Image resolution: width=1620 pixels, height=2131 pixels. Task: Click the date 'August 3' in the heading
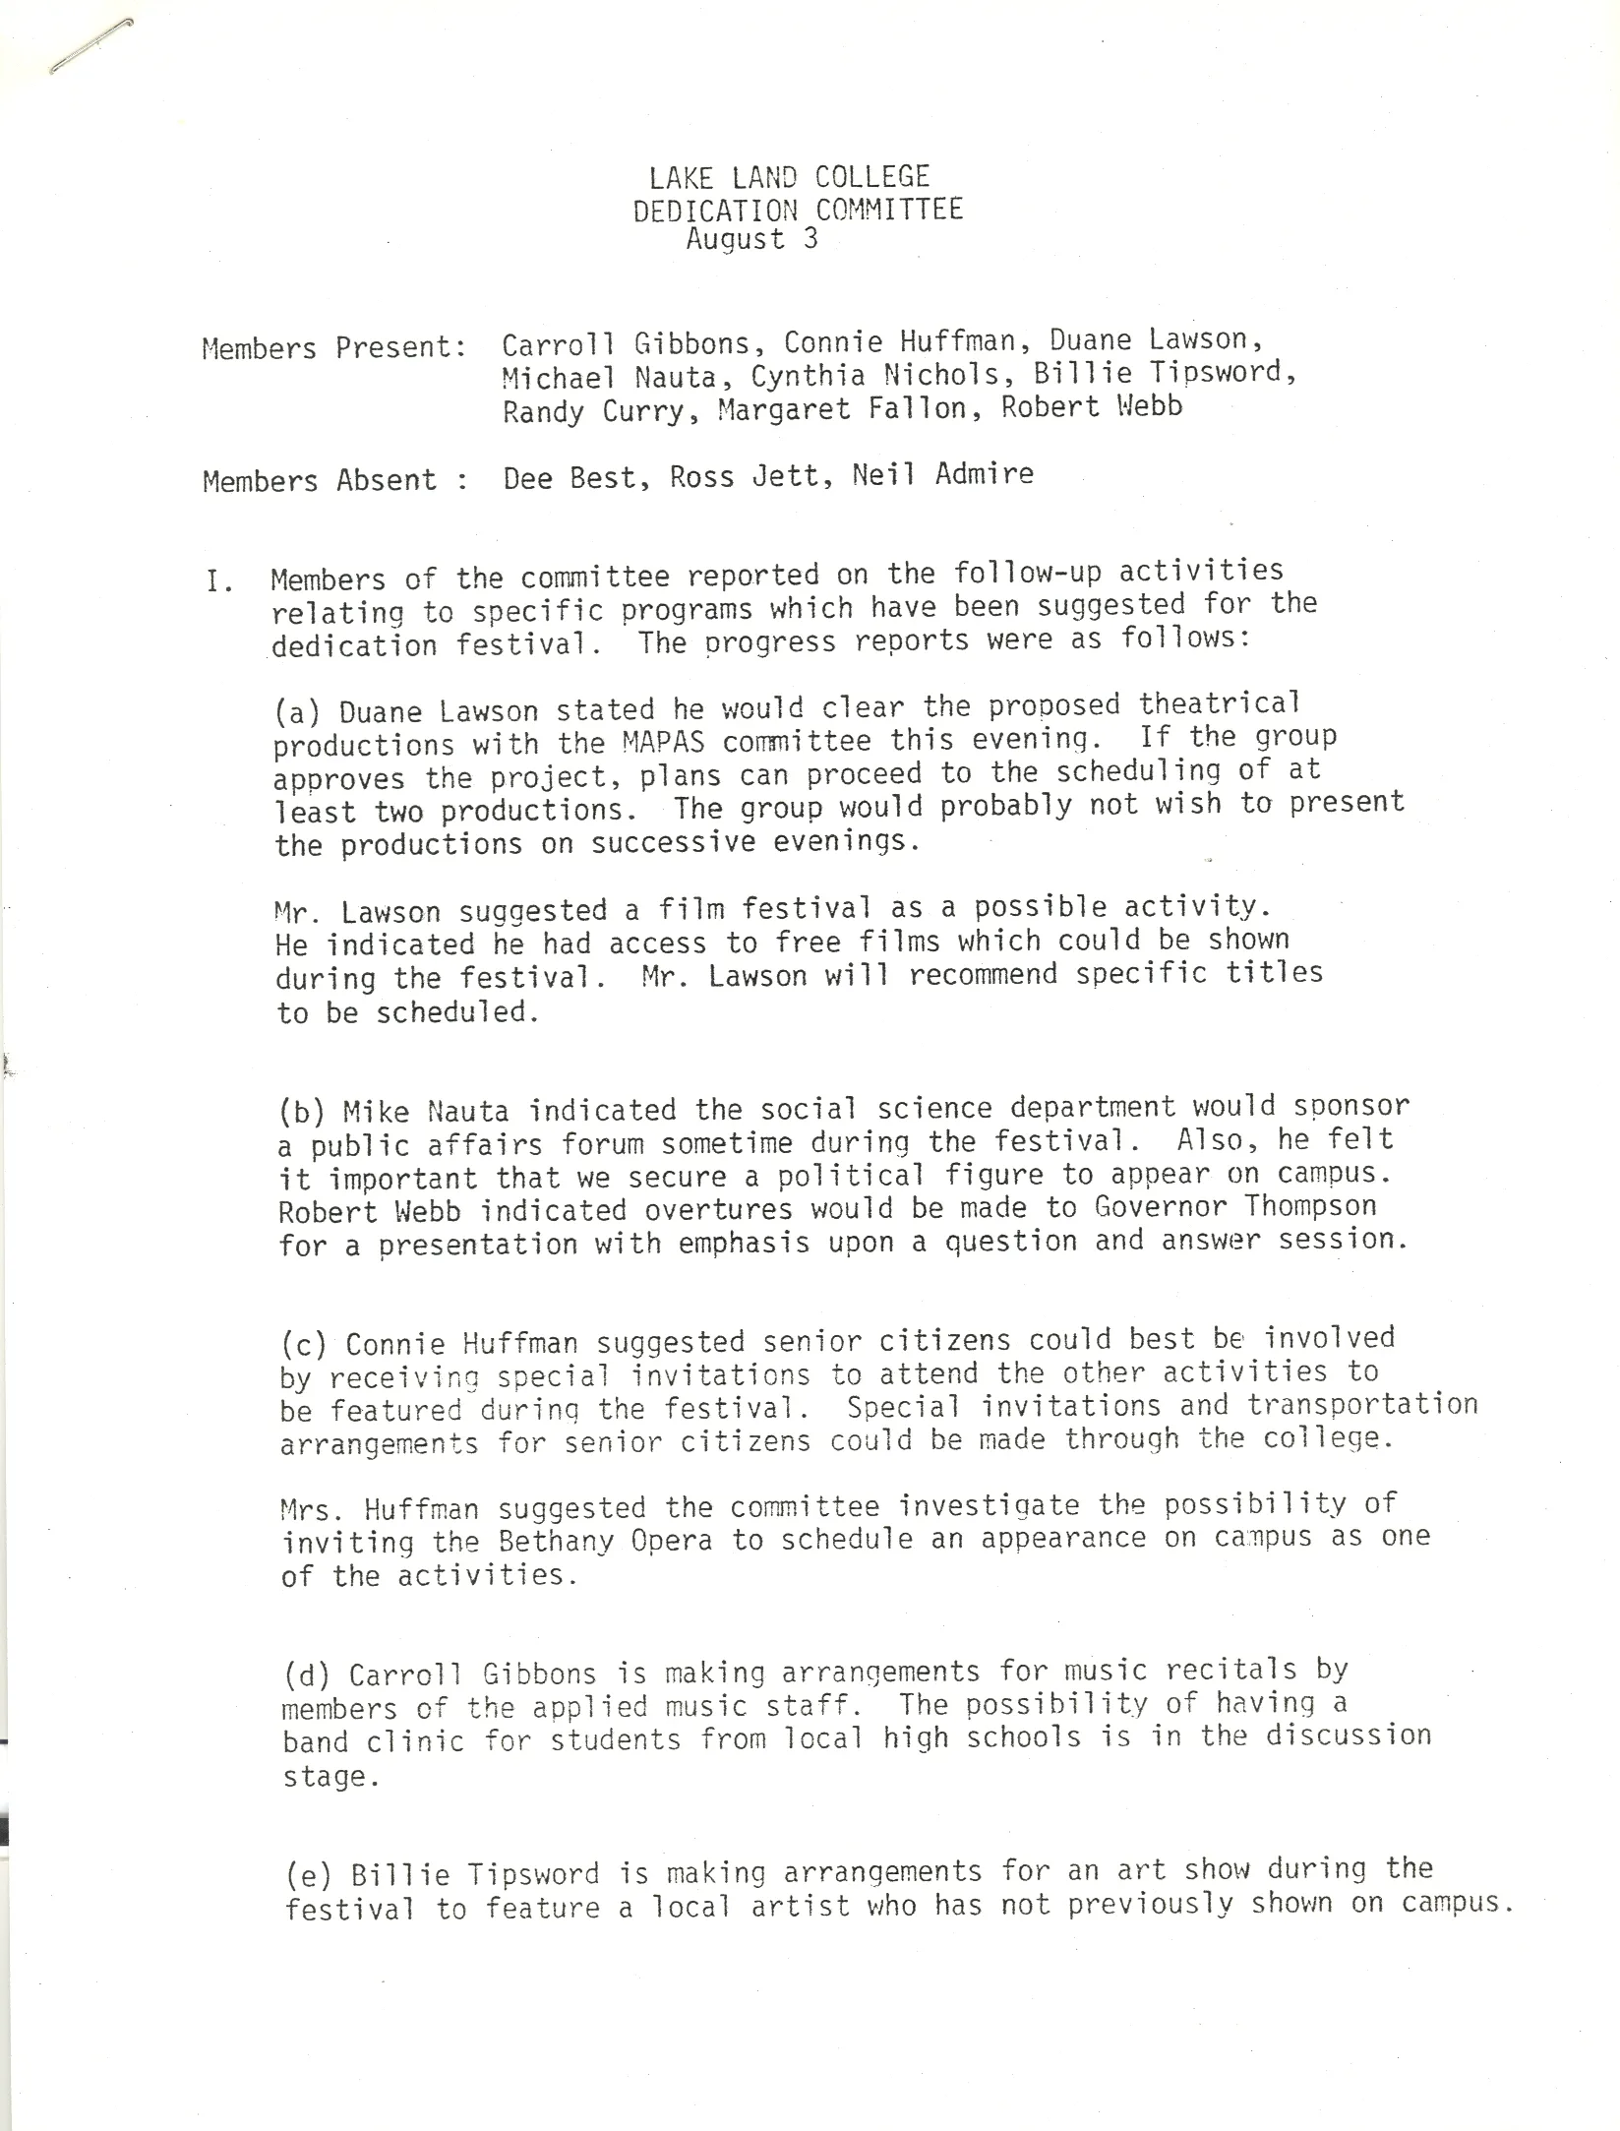[751, 240]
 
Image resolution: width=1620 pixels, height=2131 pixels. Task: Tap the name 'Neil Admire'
[943, 475]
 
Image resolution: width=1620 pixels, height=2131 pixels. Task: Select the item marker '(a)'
[298, 711]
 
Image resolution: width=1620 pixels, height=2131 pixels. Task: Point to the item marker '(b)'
[301, 1113]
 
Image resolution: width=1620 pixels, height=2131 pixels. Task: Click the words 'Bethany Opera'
[605, 1541]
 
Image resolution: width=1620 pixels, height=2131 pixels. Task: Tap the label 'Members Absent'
[320, 481]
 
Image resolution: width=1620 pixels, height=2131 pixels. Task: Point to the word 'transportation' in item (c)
[1362, 1404]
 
